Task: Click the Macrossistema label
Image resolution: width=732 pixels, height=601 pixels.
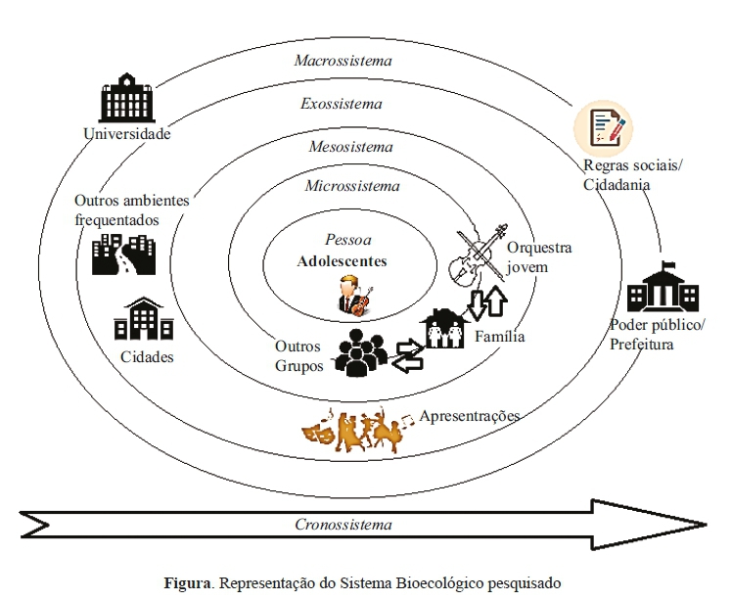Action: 343,61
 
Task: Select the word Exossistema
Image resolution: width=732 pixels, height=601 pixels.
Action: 342,103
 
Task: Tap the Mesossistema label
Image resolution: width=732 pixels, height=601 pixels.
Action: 350,147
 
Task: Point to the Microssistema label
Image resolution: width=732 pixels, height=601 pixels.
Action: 352,186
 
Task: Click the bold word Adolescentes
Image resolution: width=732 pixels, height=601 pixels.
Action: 343,261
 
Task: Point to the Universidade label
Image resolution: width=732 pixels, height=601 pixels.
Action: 127,134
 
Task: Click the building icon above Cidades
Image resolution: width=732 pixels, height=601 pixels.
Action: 144,321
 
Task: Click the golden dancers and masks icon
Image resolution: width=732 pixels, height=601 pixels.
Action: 358,429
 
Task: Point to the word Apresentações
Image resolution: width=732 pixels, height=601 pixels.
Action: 469,416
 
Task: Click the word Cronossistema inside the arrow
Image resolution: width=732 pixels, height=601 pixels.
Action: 343,525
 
